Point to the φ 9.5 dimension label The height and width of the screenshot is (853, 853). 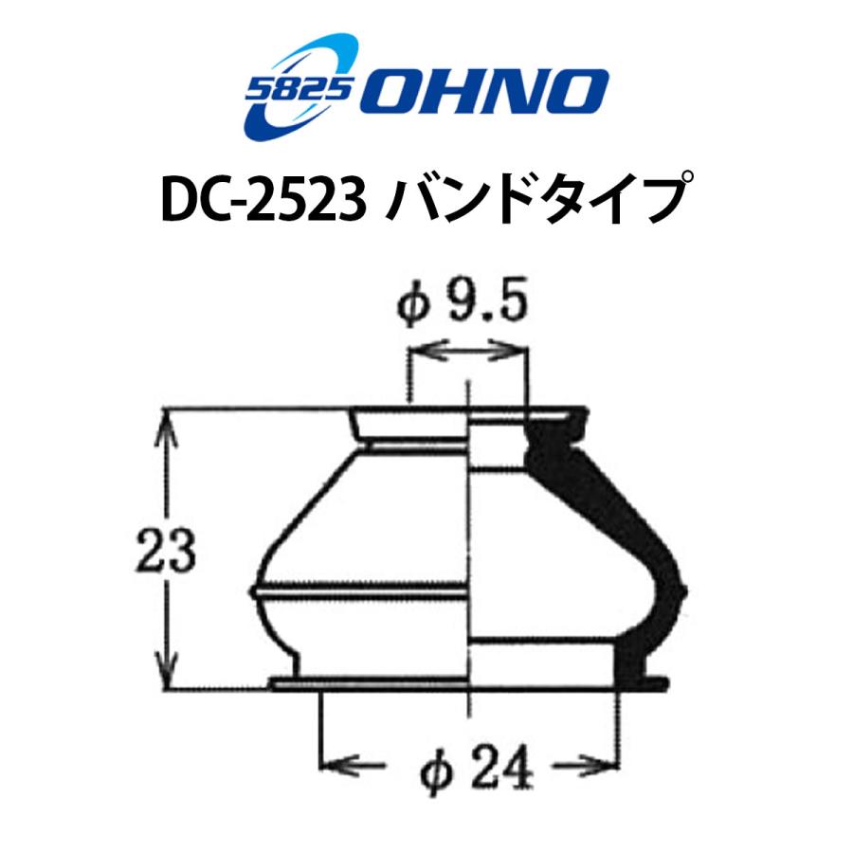point(463,307)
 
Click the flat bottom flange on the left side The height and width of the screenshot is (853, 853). point(370,683)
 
